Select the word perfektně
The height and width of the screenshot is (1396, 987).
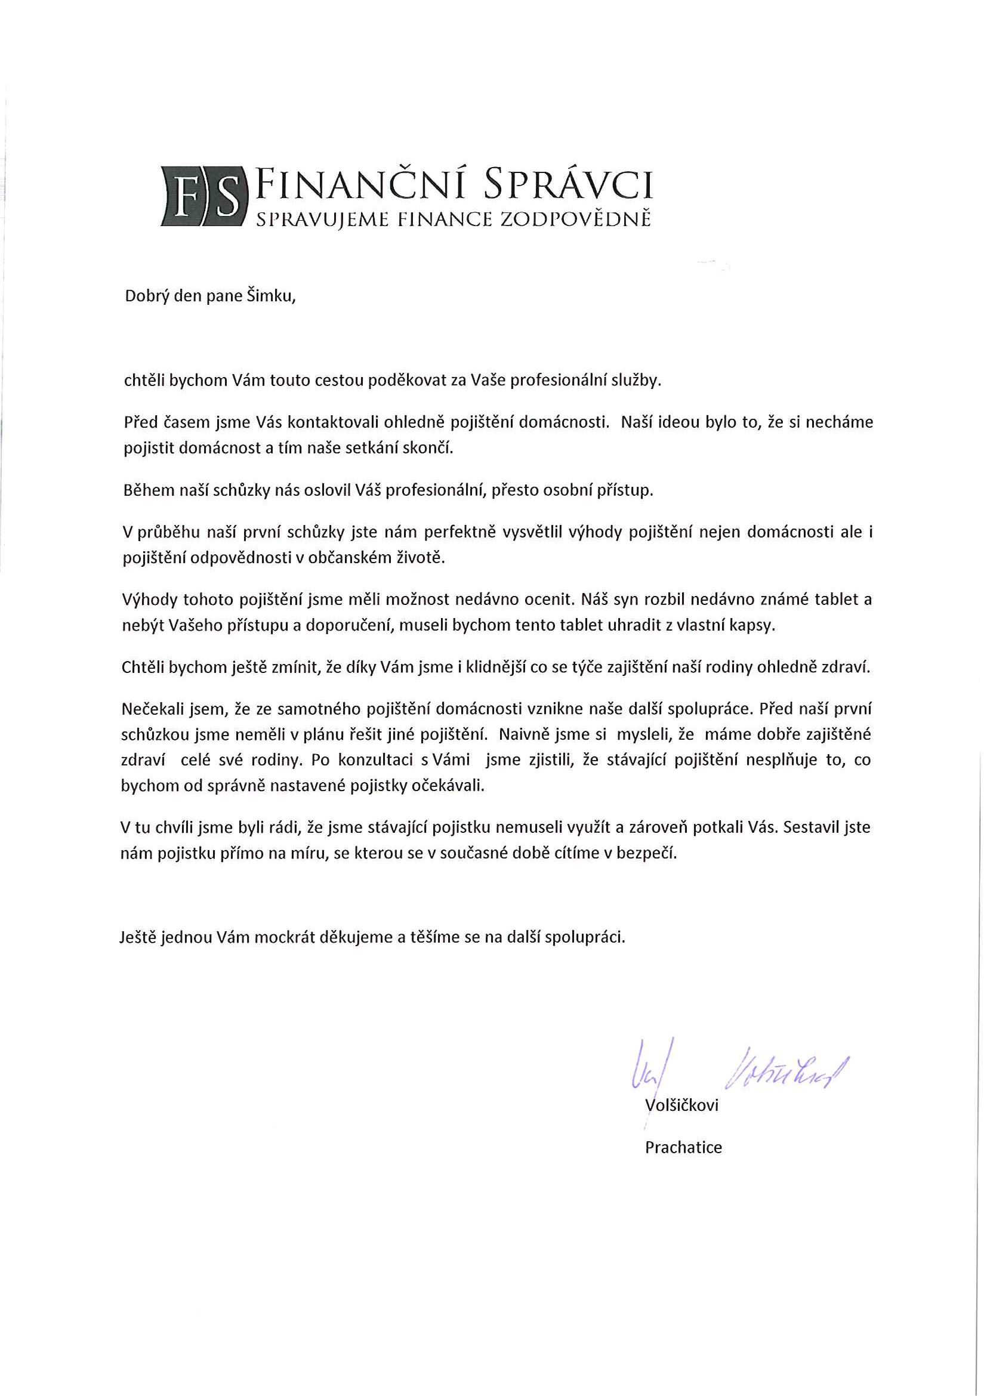(459, 532)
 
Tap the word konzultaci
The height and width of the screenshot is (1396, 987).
(376, 760)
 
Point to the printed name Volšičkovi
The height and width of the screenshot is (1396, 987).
(681, 1105)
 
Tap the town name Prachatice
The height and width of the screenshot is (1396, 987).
(683, 1147)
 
